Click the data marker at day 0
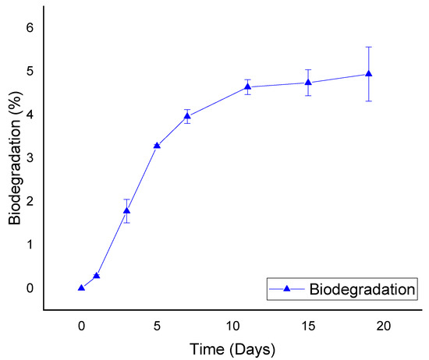tap(81, 288)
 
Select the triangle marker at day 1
tap(96, 275)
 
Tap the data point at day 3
tap(126, 210)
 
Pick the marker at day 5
tap(157, 146)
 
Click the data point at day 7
tap(187, 116)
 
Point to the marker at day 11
tap(247, 86)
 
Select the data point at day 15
tap(308, 82)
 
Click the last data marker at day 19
tap(368, 74)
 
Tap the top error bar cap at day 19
tap(368, 47)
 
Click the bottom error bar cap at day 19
tap(368, 101)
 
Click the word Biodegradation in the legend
tap(361, 290)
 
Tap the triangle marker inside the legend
tap(286, 290)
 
